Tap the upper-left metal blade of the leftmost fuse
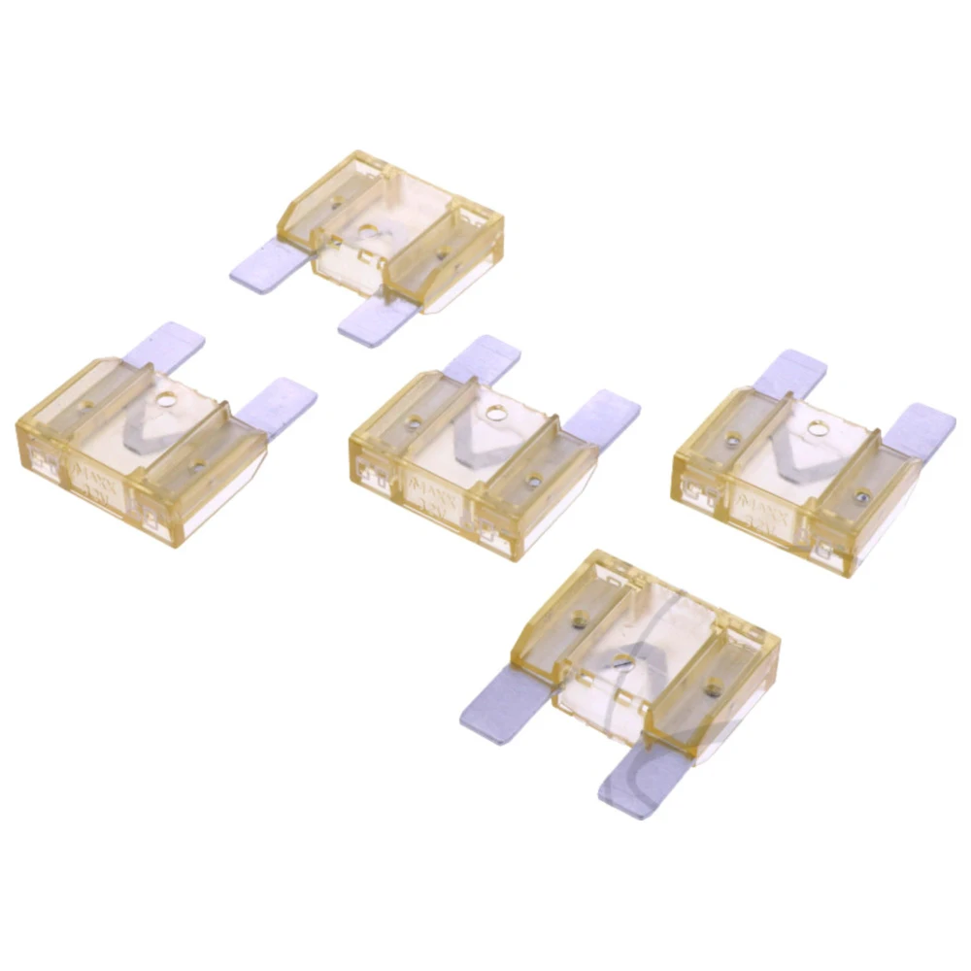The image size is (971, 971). point(164,345)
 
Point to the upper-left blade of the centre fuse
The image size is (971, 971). point(483,358)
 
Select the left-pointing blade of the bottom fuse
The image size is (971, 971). point(503,704)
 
